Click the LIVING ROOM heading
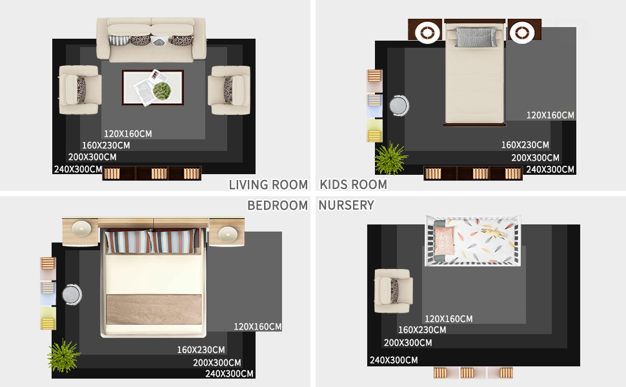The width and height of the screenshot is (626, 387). click(268, 184)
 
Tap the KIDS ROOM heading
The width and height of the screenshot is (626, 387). click(353, 184)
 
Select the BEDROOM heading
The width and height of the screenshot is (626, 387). click(278, 205)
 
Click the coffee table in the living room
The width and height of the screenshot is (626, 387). click(153, 88)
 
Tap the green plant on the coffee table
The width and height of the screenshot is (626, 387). click(162, 90)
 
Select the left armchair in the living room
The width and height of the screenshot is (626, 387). click(79, 90)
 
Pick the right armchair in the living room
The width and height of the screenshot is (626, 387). click(229, 90)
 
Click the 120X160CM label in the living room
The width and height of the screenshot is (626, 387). click(128, 134)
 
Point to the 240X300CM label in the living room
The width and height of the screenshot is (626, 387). click(78, 169)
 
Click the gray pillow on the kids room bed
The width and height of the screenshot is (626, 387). click(476, 37)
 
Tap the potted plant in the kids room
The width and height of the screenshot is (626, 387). click(390, 159)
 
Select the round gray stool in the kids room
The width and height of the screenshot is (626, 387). click(399, 106)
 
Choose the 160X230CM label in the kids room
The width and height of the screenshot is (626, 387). click(525, 145)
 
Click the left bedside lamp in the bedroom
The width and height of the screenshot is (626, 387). click(81, 228)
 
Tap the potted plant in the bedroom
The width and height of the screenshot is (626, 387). click(63, 355)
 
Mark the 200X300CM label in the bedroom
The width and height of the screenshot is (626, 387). click(217, 362)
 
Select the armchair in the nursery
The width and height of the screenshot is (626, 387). click(393, 291)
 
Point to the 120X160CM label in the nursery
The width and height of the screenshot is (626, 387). click(449, 319)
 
